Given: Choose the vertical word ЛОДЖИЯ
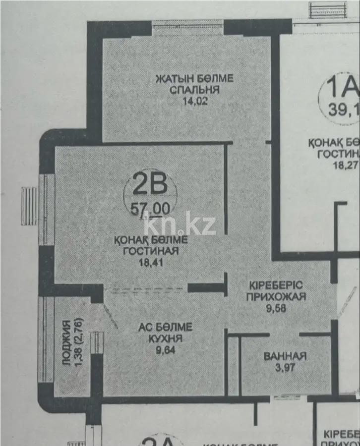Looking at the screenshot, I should (x=66, y=349).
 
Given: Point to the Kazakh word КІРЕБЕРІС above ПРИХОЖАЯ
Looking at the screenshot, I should (x=277, y=286).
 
